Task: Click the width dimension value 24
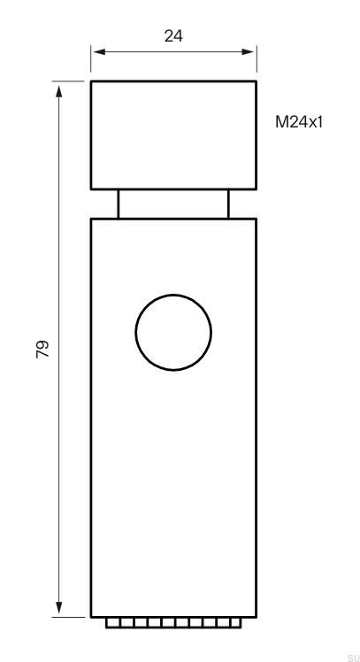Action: pos(173,36)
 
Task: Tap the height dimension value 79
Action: pos(42,348)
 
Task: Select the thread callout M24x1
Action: pos(299,122)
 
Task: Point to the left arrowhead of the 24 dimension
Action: pos(96,51)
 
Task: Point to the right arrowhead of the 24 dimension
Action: pos(250,51)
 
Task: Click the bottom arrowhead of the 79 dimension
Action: pos(59,610)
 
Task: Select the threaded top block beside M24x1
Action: pos(173,135)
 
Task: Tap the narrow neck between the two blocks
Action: pos(173,204)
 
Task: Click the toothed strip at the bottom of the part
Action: pos(173,623)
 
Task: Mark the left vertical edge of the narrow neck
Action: pos(119,204)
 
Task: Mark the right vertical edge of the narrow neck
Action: pos(228,204)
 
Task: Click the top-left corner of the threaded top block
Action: pos(91,81)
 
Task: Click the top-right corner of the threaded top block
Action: pos(256,81)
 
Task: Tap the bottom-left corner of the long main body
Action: pos(91,617)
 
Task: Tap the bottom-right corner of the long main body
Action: pos(256,617)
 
